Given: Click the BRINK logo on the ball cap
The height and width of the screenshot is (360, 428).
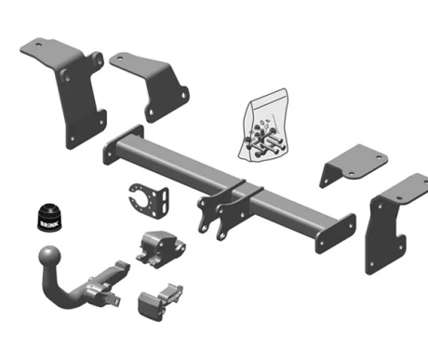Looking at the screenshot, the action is click(49, 224).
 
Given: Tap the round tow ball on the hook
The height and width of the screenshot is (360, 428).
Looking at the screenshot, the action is click(49, 257).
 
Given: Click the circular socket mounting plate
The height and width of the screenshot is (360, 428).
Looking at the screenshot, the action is click(150, 201).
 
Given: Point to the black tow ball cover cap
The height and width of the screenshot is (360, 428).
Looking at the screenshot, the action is click(49, 217).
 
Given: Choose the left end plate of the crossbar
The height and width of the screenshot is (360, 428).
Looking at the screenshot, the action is click(123, 144).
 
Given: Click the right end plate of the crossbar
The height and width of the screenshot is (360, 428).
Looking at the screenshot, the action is click(335, 233).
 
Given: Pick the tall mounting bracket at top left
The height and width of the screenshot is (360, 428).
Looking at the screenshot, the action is click(71, 90).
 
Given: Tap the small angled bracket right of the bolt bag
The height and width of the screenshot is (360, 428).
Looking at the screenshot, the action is click(353, 166).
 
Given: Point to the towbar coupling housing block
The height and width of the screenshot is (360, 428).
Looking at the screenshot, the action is click(160, 248).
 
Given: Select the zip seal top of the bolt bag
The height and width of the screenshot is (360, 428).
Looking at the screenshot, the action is click(269, 95).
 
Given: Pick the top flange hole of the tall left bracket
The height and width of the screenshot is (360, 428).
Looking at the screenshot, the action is click(38, 45).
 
